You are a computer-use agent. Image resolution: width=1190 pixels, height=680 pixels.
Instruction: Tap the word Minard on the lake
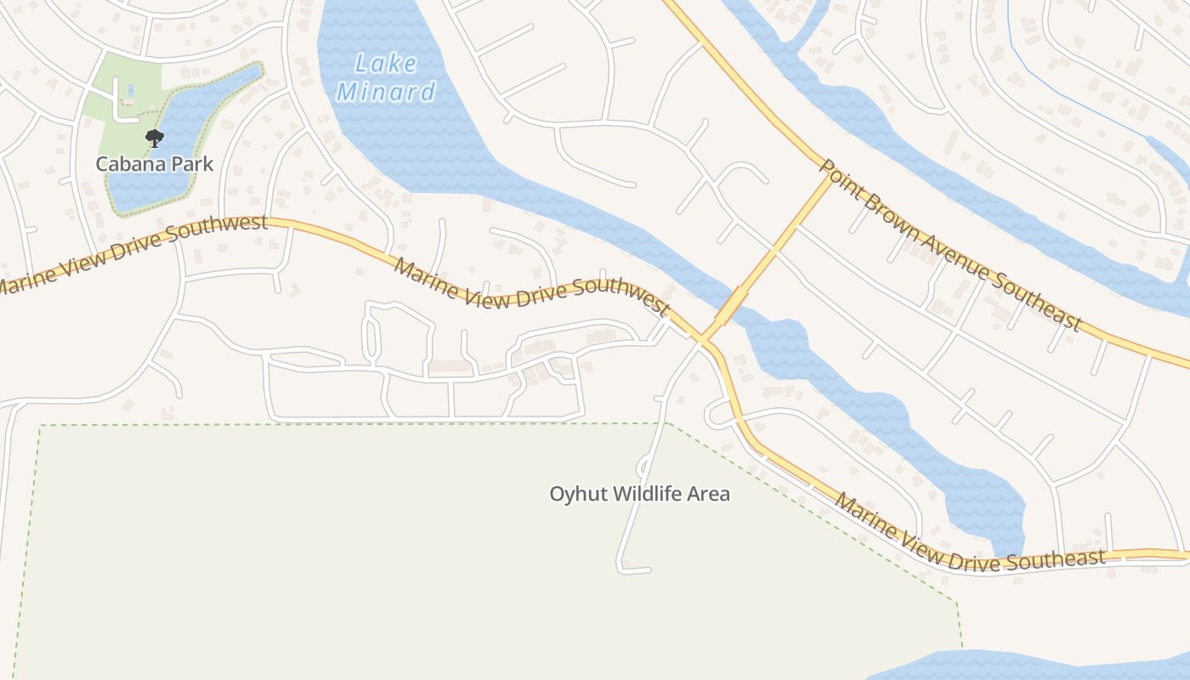386,92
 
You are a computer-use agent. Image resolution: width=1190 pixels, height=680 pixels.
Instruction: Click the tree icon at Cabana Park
154,138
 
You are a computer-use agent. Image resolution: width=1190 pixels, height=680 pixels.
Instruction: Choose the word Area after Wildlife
710,494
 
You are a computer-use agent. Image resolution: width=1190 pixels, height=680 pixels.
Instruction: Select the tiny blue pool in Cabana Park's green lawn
130,88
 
